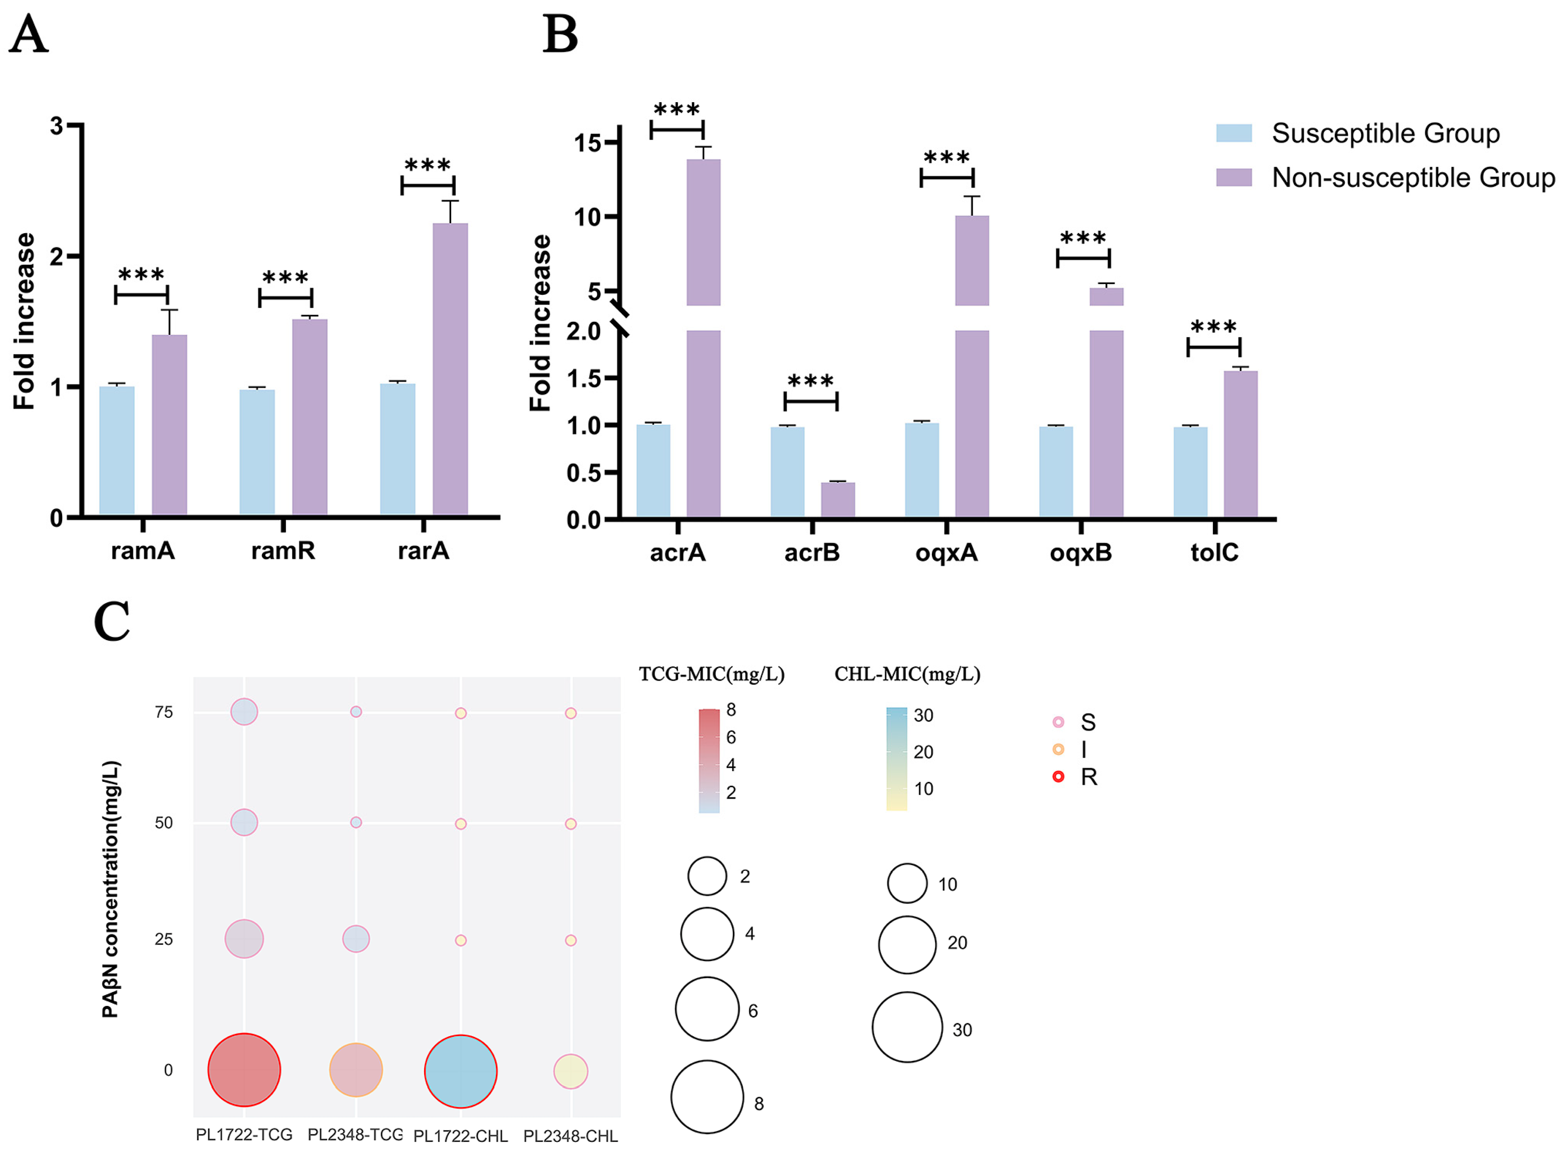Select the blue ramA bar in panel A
click(117, 451)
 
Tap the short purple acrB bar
click(838, 500)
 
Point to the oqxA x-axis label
click(946, 553)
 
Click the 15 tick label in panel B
click(588, 143)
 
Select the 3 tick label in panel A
click(56, 126)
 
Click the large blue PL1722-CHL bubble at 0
click(460, 1071)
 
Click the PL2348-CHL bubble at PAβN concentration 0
click(570, 1071)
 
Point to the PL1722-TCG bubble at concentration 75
click(244, 712)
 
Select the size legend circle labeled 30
click(907, 1027)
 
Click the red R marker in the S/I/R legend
click(1058, 776)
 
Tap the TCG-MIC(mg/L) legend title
click(711, 674)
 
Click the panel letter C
click(112, 622)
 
